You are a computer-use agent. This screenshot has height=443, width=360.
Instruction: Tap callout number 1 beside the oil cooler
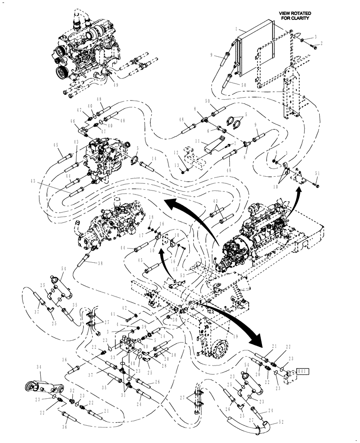[238, 28]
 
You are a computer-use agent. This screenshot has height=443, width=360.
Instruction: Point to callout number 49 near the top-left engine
[116, 85]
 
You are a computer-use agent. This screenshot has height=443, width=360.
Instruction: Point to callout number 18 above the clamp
[151, 217]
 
